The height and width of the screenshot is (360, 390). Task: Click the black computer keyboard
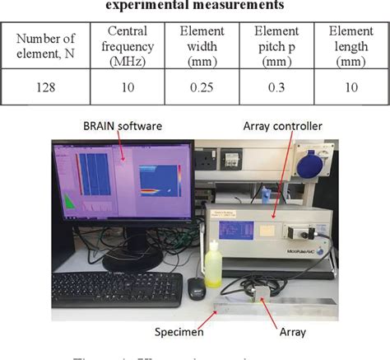[x=116, y=288]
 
